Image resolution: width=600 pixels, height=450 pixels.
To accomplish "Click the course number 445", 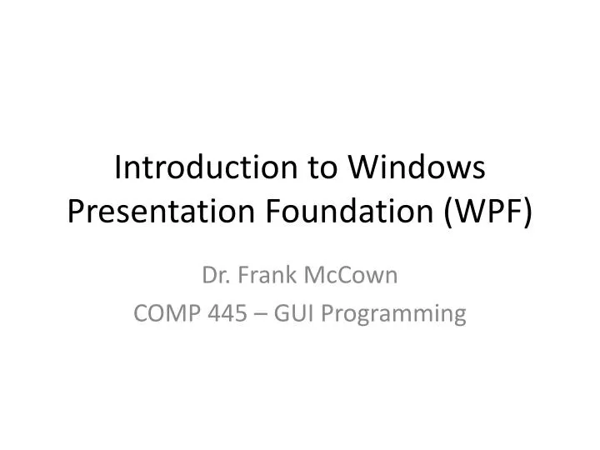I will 216,314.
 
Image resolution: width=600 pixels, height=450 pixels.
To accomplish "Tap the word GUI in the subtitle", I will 286,314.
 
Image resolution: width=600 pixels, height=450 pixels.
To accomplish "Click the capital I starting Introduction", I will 117,170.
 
